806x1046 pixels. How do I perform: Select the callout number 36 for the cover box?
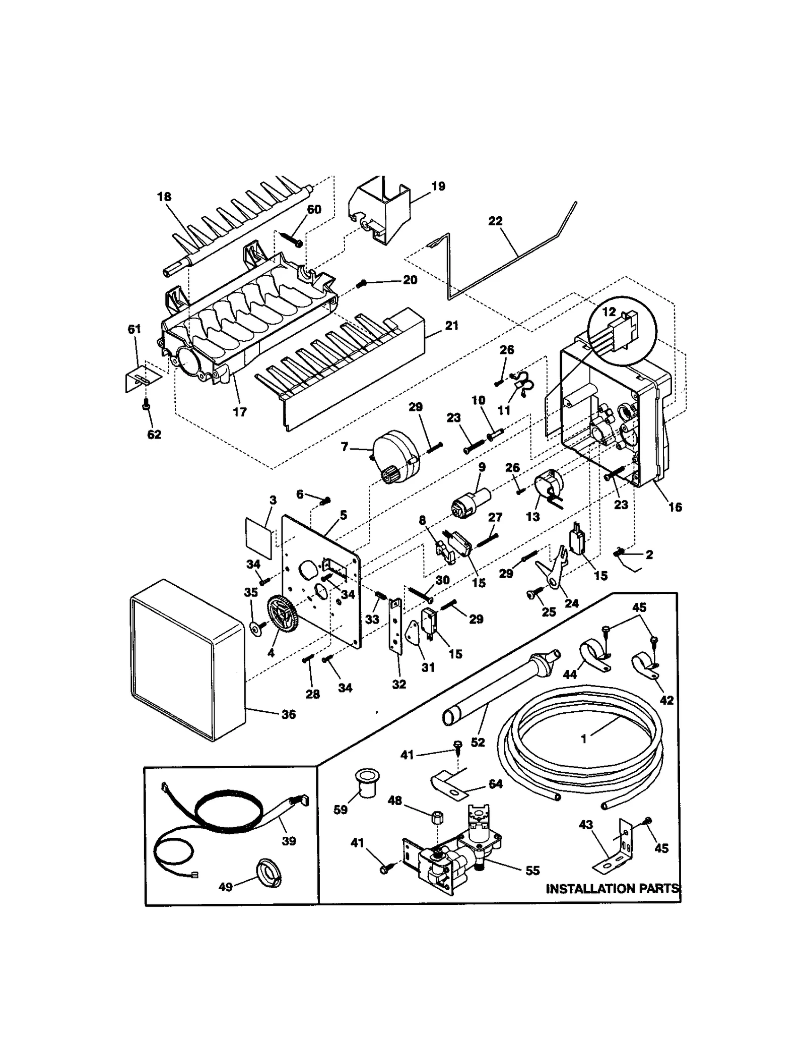(288, 714)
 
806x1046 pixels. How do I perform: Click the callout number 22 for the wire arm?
(495, 221)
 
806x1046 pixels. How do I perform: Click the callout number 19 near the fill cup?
(438, 186)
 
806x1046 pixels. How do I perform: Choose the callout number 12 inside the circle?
(609, 312)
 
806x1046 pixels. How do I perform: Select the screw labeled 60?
(291, 238)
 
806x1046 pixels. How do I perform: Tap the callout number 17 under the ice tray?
(240, 412)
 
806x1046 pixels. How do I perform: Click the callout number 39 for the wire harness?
(289, 841)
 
